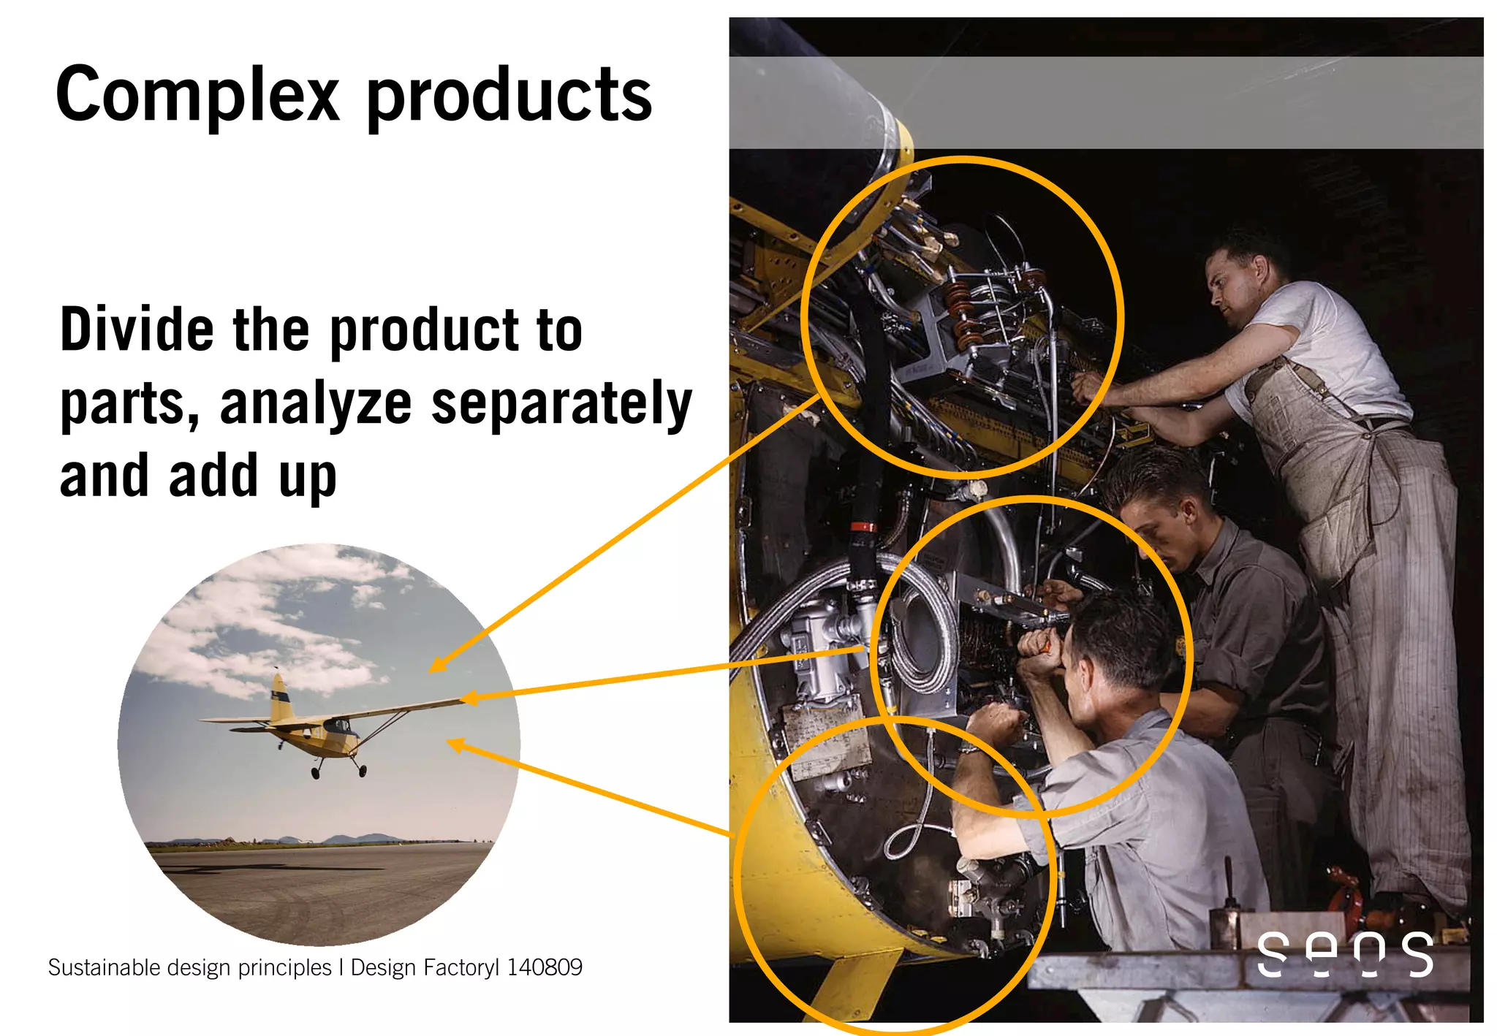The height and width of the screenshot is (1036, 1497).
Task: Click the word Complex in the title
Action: [x=197, y=95]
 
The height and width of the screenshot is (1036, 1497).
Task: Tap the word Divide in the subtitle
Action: [x=137, y=330]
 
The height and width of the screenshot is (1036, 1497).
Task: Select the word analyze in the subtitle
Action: [x=316, y=403]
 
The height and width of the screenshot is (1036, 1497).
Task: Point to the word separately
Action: [x=561, y=403]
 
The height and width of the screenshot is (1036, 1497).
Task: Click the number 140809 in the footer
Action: [x=545, y=967]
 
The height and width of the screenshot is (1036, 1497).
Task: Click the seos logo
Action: [x=1344, y=953]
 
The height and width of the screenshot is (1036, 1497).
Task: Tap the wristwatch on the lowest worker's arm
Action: [x=969, y=748]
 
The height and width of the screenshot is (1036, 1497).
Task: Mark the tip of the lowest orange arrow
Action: [x=448, y=742]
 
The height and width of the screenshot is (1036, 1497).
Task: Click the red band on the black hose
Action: [x=863, y=527]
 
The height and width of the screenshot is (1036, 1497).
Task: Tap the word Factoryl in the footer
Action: [x=461, y=967]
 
